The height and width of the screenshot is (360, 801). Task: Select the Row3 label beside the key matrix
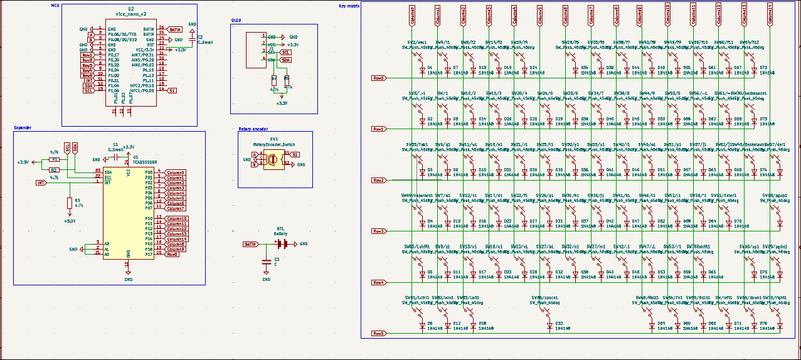tap(378, 231)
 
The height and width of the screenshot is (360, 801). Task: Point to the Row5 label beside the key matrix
tap(378, 334)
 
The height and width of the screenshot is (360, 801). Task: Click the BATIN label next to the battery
tap(250, 244)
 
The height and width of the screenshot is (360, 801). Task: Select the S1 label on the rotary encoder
tap(295, 154)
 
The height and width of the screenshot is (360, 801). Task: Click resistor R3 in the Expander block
tap(69, 203)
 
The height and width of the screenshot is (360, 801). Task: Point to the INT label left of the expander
tap(41, 183)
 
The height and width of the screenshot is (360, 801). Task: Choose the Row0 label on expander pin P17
tap(172, 254)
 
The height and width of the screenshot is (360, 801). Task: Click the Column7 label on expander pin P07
tap(175, 208)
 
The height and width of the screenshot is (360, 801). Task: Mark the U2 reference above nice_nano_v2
tap(130, 9)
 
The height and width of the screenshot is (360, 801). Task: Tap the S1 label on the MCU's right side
tap(172, 90)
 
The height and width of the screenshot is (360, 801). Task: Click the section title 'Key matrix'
tap(349, 6)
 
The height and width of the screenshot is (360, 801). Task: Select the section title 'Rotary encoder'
tap(254, 129)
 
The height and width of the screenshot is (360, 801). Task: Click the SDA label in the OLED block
tap(286, 60)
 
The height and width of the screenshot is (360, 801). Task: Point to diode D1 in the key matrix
tap(422, 69)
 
